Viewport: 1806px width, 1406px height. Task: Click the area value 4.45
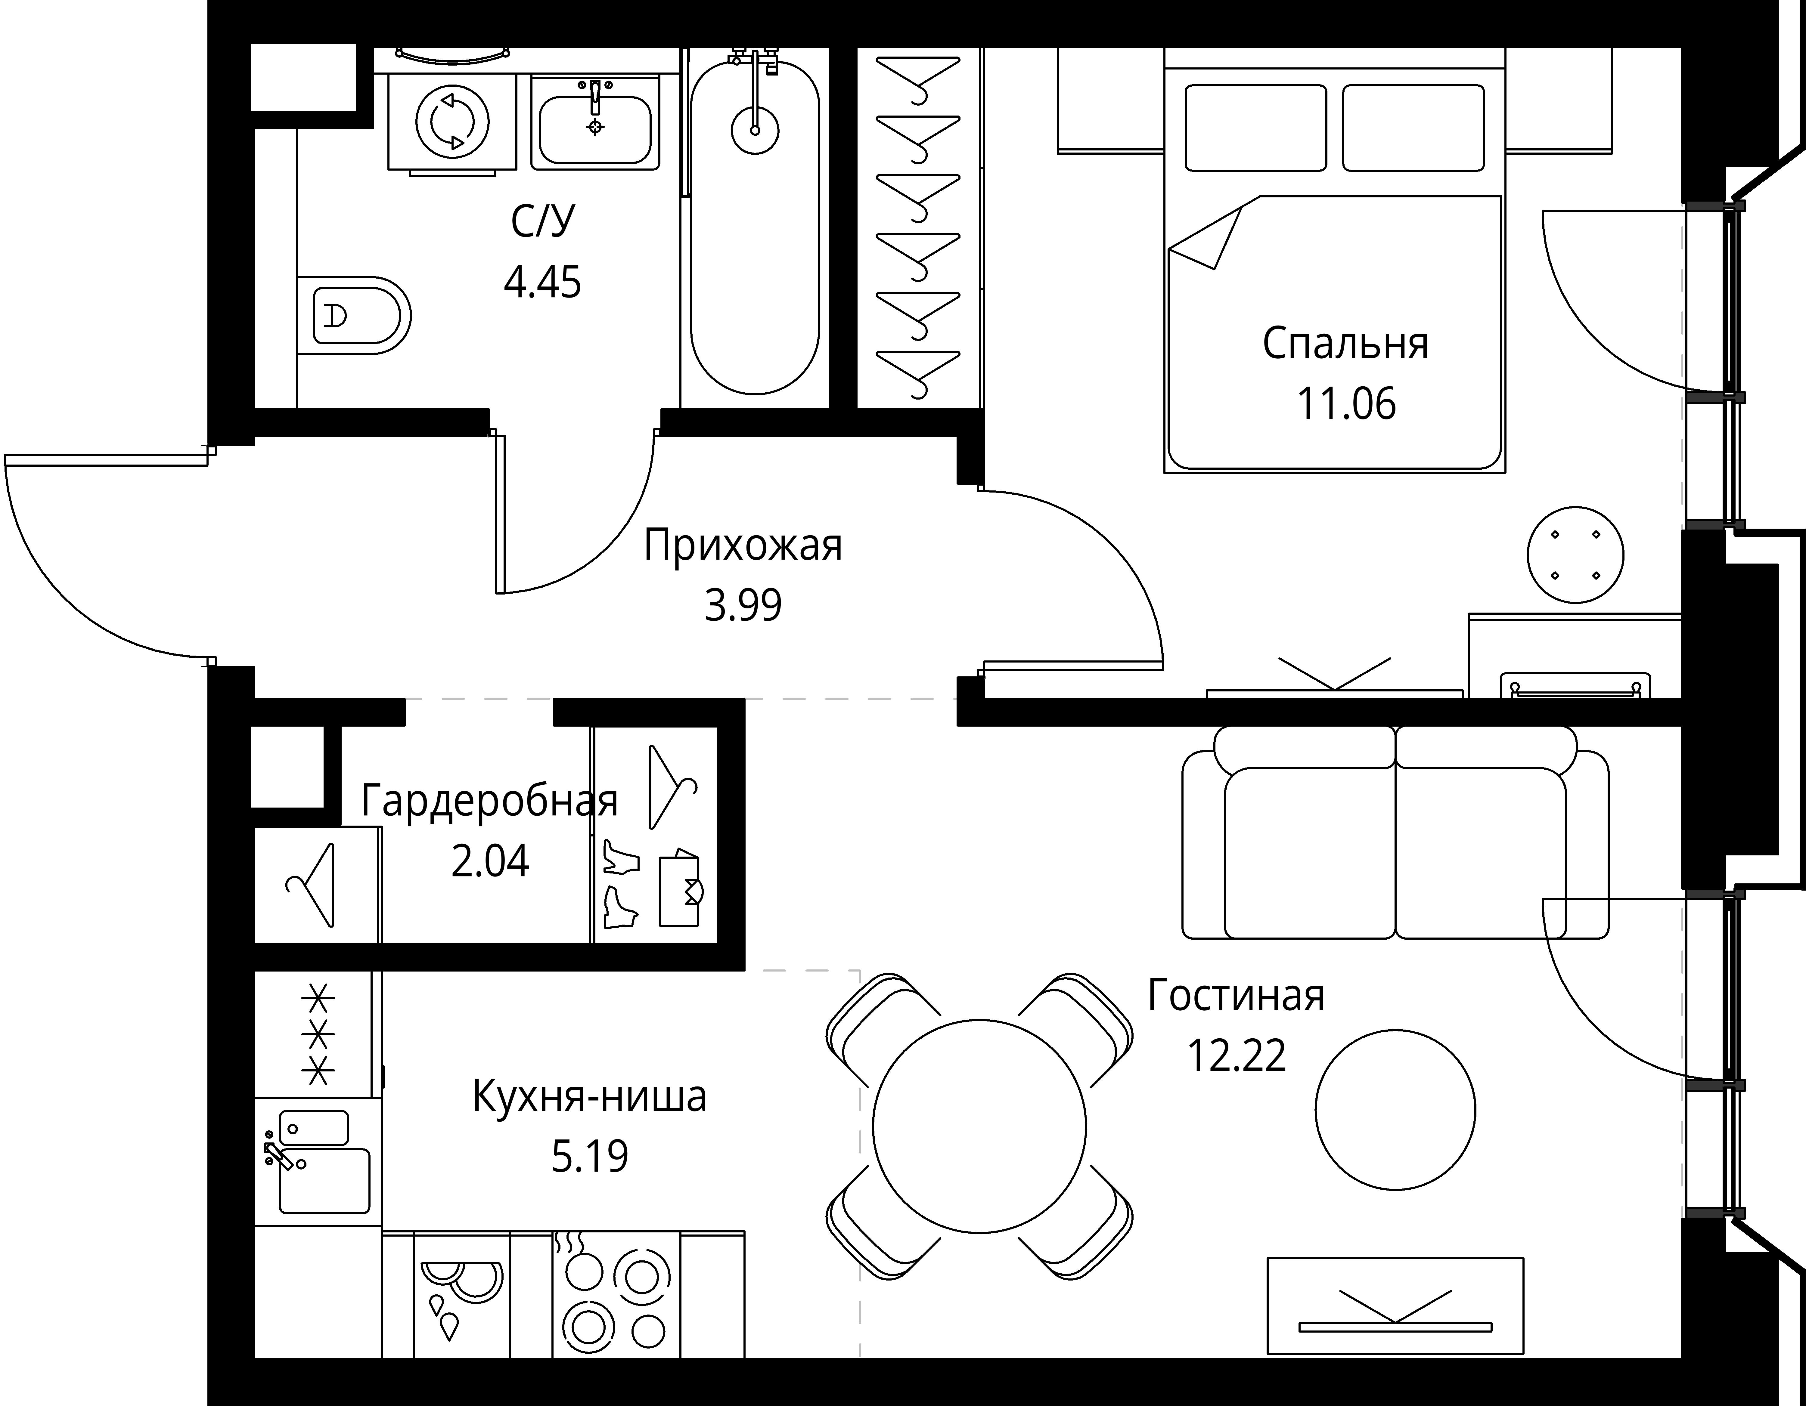pos(542,282)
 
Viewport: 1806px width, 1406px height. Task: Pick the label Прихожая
pos(743,545)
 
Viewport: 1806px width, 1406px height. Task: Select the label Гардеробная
pos(489,800)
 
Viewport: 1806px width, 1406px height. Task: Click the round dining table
pos(979,1126)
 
